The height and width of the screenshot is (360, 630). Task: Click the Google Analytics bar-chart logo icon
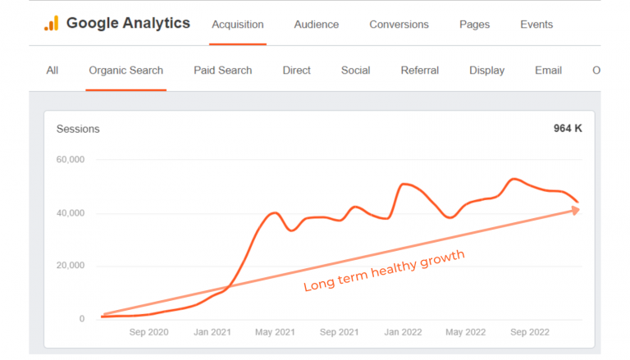click(x=51, y=24)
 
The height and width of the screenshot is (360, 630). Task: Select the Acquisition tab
click(x=237, y=25)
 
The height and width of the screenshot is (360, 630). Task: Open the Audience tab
click(x=316, y=25)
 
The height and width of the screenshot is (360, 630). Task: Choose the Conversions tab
click(x=399, y=25)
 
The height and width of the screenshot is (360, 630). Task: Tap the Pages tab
click(x=474, y=25)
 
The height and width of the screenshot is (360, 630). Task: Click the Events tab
click(x=536, y=25)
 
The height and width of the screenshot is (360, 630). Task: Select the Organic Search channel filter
click(x=126, y=71)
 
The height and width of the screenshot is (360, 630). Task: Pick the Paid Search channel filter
click(x=222, y=71)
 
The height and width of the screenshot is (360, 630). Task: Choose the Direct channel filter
click(x=296, y=71)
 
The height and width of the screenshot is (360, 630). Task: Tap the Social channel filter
click(x=355, y=71)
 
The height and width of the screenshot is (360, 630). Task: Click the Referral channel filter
click(x=419, y=71)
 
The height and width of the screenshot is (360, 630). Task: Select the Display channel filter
click(x=486, y=71)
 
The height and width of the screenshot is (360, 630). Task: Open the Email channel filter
click(x=548, y=71)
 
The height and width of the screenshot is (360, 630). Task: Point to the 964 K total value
click(x=567, y=129)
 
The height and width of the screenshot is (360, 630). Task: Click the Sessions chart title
click(x=78, y=129)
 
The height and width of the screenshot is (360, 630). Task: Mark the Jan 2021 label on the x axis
click(x=213, y=332)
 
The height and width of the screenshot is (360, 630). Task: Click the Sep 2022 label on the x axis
click(x=531, y=332)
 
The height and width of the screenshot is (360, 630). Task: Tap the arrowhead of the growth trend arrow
click(x=575, y=210)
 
